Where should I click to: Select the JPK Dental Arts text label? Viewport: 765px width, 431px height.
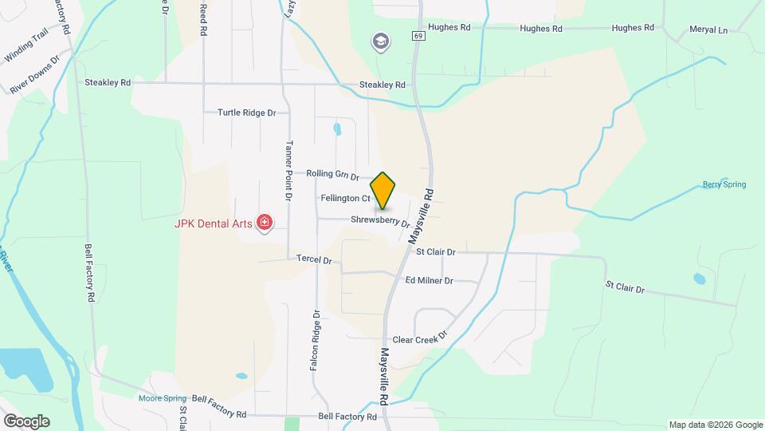[213, 223]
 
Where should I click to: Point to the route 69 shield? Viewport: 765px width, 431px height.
[418, 36]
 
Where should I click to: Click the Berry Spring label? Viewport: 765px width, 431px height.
[724, 184]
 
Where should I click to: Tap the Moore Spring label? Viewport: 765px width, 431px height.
[162, 397]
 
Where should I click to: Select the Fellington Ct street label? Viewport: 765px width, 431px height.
[345, 198]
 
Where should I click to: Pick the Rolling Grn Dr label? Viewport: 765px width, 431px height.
[333, 174]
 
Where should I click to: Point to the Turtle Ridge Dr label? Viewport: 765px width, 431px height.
[246, 113]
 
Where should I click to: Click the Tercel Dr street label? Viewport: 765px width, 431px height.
[313, 259]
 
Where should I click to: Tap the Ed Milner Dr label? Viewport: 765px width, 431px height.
[429, 281]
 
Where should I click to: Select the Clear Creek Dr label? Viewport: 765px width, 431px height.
[421, 339]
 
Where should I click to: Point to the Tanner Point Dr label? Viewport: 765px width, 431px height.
[289, 171]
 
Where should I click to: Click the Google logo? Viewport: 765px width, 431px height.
[26, 421]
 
